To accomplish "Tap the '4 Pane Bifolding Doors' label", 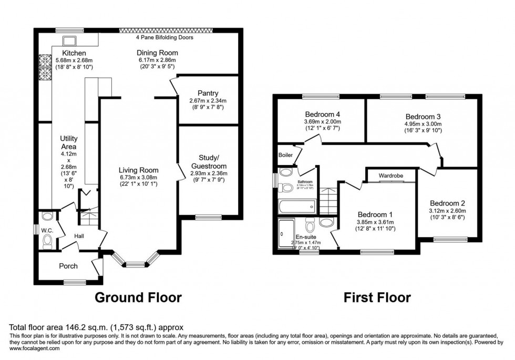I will (x=163, y=38).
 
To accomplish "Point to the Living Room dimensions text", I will (x=138, y=181).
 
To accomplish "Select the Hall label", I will (x=79, y=236).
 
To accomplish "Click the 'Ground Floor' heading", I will (x=138, y=298).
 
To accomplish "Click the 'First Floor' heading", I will (x=377, y=298).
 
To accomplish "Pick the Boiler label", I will (x=286, y=155).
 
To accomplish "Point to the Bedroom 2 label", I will (x=447, y=203).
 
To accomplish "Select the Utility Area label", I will (x=69, y=142).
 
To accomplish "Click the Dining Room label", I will (x=157, y=53).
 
